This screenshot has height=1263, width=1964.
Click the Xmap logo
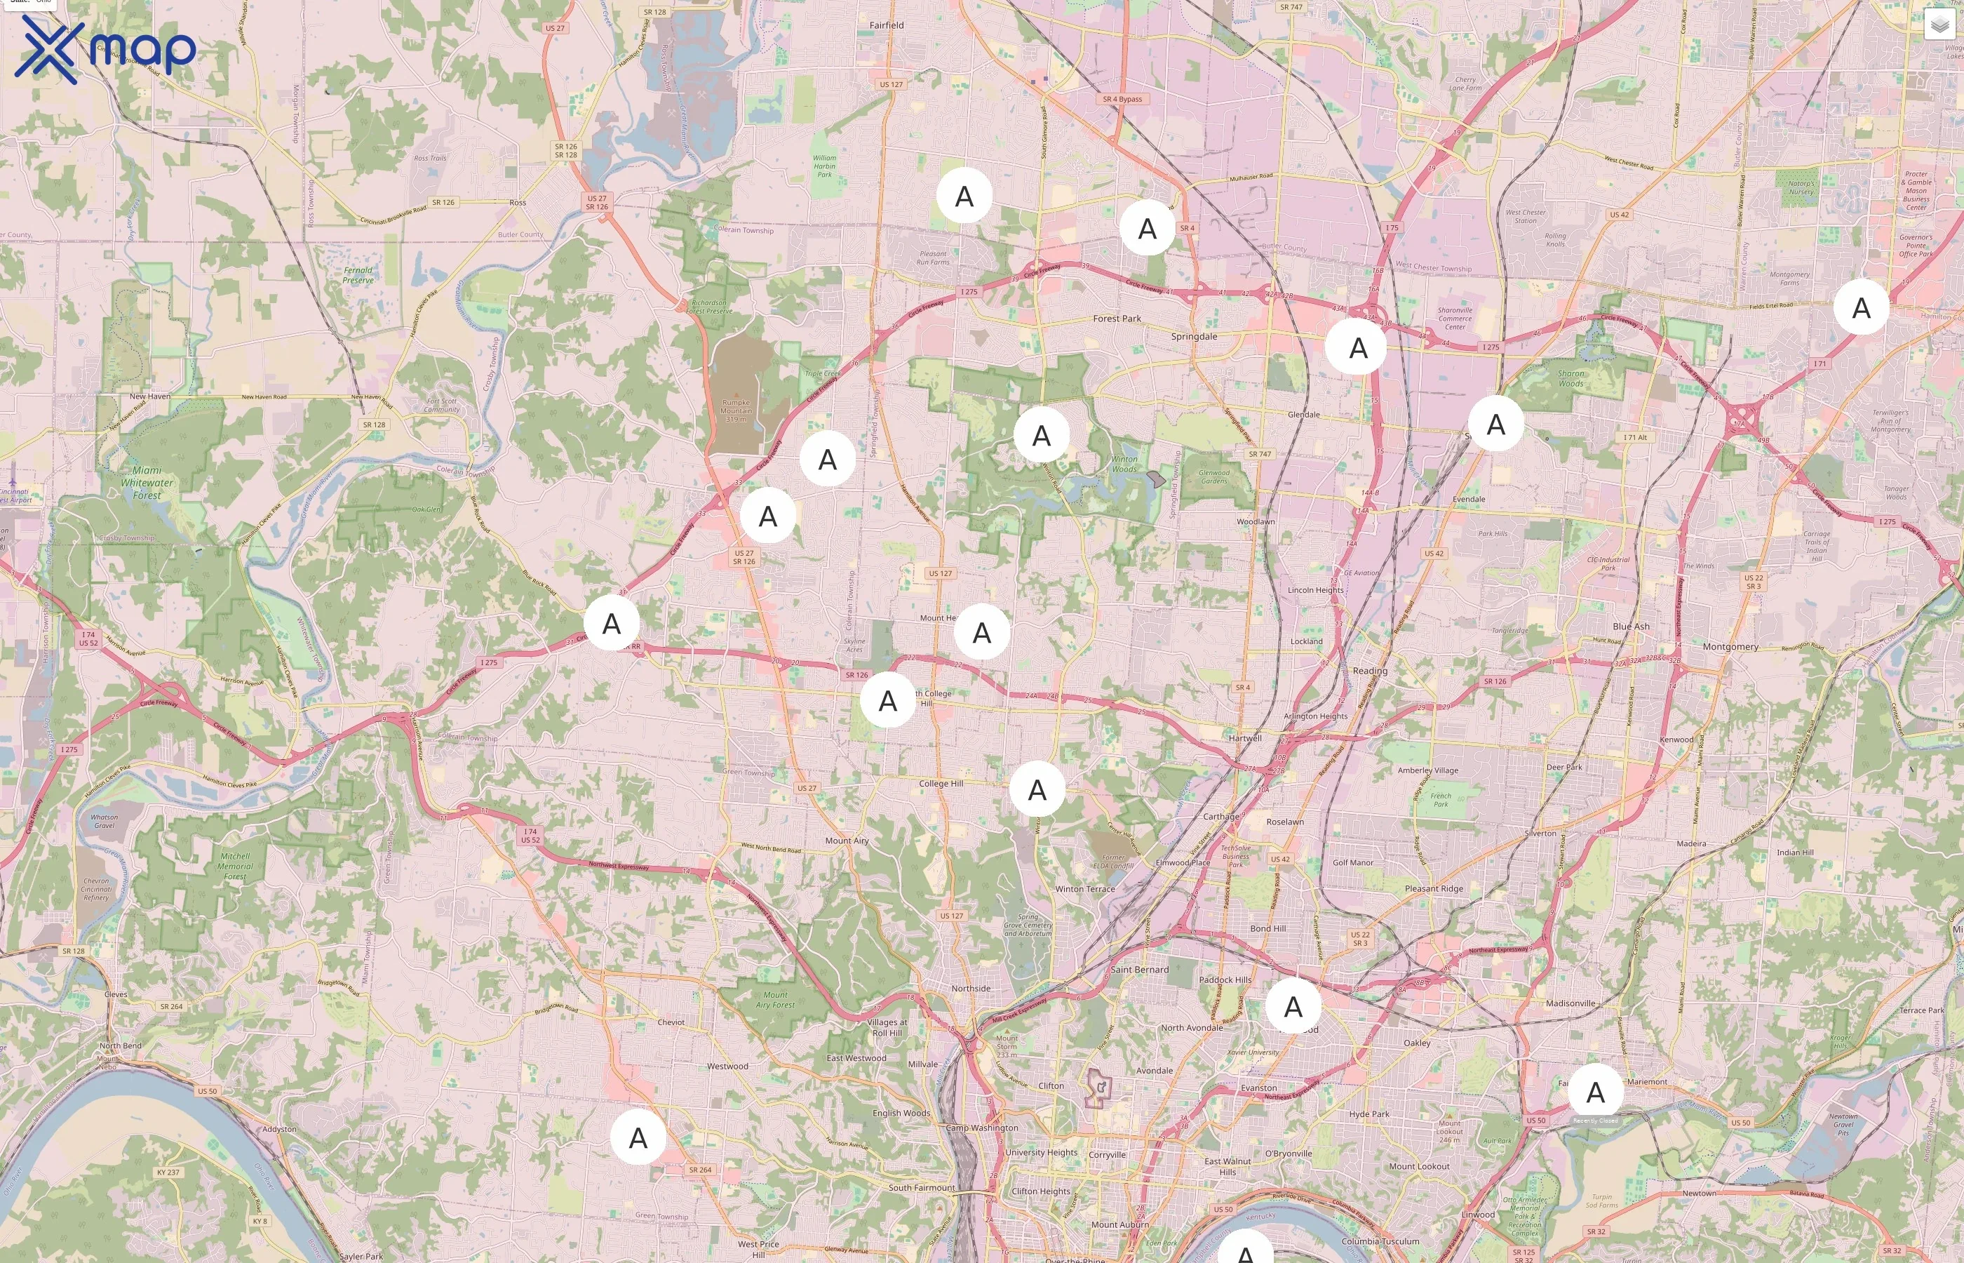105,49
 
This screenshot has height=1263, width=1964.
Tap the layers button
1939,25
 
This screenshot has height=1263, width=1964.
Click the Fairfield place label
886,25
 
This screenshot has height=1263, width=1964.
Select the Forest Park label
1117,319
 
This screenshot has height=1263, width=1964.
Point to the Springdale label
1194,337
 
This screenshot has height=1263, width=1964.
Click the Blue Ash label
1630,627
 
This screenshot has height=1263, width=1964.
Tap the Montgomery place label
1730,647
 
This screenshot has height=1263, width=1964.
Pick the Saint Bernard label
1139,970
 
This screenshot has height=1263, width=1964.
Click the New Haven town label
150,397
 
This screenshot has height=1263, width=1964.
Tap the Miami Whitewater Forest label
147,483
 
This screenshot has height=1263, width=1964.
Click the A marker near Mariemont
1594,1092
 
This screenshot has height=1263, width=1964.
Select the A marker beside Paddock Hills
1293,1006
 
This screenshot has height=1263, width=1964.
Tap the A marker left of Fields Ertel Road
1861,308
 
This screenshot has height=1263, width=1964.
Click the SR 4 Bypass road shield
1122,99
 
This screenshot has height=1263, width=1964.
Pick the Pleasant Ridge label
1433,889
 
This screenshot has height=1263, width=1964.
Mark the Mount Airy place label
847,841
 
